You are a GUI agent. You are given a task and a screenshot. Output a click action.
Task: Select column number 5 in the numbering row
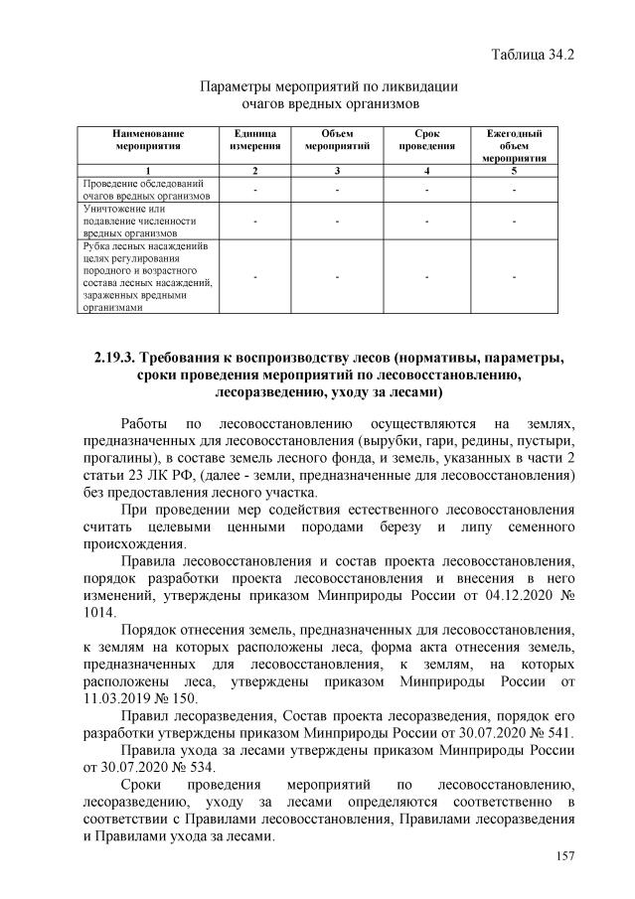[514, 171]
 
